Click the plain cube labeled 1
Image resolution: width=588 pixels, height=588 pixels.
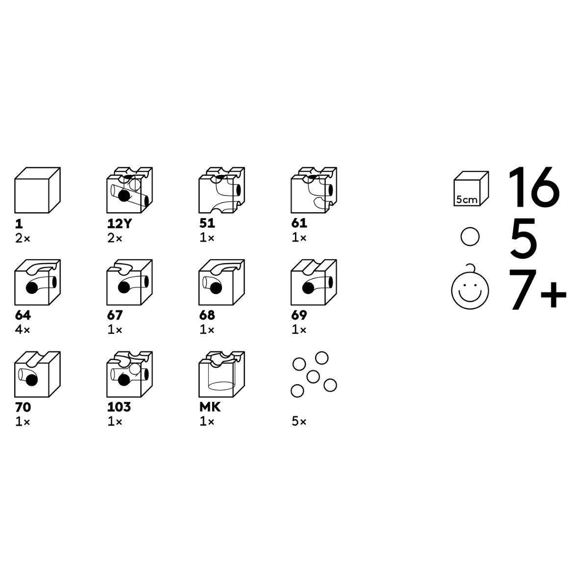pos(37,190)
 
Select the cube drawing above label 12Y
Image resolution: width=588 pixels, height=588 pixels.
pos(129,190)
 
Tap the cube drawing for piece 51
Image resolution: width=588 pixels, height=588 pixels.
pos(221,190)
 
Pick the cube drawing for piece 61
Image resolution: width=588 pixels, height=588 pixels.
pos(314,190)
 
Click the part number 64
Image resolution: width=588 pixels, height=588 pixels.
pos(23,315)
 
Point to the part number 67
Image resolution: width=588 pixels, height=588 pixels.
pos(115,315)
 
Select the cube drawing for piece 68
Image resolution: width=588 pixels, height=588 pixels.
pos(221,282)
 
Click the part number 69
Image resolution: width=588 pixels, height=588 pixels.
pos(299,315)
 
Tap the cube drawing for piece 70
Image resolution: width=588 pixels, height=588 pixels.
pos(37,374)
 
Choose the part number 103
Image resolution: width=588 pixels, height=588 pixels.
pos(119,407)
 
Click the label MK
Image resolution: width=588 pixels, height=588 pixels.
pos(210,407)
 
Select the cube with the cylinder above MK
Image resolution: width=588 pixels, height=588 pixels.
pos(221,374)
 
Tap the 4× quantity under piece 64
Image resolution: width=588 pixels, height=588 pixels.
pos(23,330)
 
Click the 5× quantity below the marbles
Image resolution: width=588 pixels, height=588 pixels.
pos(299,422)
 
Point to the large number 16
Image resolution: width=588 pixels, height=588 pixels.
pos(534,187)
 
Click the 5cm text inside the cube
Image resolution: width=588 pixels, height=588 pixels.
pos(466,200)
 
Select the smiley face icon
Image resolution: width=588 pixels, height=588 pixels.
pos(470,287)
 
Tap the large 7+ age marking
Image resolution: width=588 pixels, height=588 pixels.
pos(538,290)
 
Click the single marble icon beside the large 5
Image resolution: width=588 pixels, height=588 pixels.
pos(470,237)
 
